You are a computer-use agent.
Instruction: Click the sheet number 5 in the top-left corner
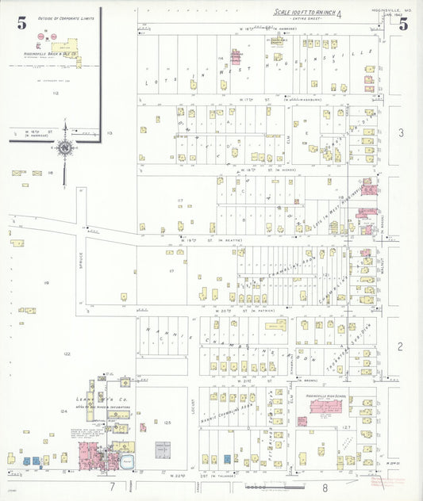coord(21,23)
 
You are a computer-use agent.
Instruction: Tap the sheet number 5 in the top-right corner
coord(403,23)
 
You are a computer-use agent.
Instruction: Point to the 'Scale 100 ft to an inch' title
coord(306,13)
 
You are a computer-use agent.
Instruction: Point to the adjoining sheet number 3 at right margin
coord(402,132)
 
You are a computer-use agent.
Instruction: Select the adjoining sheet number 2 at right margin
coord(402,346)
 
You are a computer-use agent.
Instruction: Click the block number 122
coord(67,354)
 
